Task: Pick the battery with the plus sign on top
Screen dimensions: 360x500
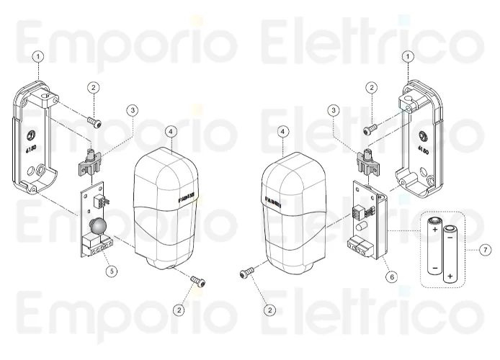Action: pyautogui.click(x=435, y=246)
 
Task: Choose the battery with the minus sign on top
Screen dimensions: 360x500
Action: pyautogui.click(x=451, y=254)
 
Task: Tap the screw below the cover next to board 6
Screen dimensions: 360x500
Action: pyautogui.click(x=249, y=274)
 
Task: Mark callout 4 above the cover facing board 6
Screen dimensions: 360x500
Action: pyautogui.click(x=282, y=132)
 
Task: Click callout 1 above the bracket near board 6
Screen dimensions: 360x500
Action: pyautogui.click(x=409, y=55)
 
